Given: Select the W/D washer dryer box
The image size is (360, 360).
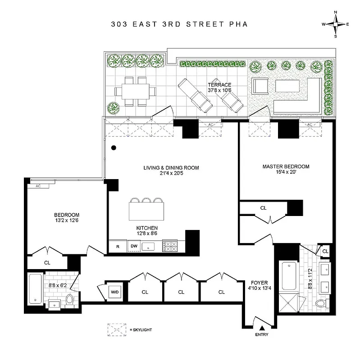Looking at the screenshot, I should (x=115, y=292).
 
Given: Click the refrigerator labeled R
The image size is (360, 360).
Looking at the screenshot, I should (x=118, y=246).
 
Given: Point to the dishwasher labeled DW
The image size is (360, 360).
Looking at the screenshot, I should (x=133, y=246).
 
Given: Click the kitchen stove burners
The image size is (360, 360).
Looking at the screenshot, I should (x=170, y=246).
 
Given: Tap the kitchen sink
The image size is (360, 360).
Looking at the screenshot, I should (x=148, y=246).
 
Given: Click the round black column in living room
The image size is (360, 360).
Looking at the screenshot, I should (x=114, y=148).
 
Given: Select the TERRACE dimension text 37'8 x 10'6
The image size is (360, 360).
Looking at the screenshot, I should (x=219, y=90).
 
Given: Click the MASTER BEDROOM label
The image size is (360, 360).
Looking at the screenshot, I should (x=286, y=166).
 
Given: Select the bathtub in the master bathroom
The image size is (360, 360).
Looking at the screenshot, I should (x=287, y=275).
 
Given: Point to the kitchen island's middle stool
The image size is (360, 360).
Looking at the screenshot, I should (x=146, y=200).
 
